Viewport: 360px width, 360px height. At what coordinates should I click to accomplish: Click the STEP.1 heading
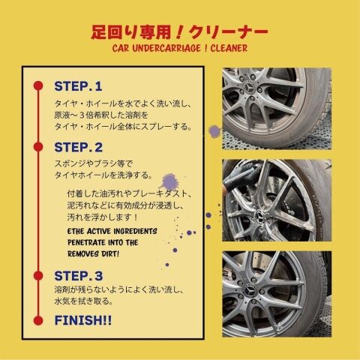[78, 86]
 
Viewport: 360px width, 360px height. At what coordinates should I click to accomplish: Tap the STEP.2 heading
[78, 147]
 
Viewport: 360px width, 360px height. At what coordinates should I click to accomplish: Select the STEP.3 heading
[79, 276]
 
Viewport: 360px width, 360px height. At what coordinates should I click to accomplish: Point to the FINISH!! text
[83, 320]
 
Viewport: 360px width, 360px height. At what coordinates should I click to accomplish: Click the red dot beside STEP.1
[38, 85]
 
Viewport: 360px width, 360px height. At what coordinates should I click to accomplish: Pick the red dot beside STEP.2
[38, 147]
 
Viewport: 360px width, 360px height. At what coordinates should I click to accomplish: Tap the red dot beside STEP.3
[38, 276]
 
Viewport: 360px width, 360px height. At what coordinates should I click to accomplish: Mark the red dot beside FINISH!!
[38, 320]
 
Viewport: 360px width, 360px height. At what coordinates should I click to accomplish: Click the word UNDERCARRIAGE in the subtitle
[166, 48]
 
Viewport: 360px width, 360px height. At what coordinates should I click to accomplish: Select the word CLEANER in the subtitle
[229, 48]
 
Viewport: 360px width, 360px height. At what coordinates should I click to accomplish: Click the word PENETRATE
[86, 242]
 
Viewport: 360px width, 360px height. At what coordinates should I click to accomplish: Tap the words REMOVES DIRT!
[93, 254]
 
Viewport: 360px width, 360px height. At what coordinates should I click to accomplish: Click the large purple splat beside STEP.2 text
[169, 181]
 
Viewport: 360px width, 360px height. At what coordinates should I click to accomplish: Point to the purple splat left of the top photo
[214, 131]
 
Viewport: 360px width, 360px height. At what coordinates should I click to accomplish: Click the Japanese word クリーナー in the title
[229, 33]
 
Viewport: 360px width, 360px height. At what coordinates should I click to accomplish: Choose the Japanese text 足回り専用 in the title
[131, 33]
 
